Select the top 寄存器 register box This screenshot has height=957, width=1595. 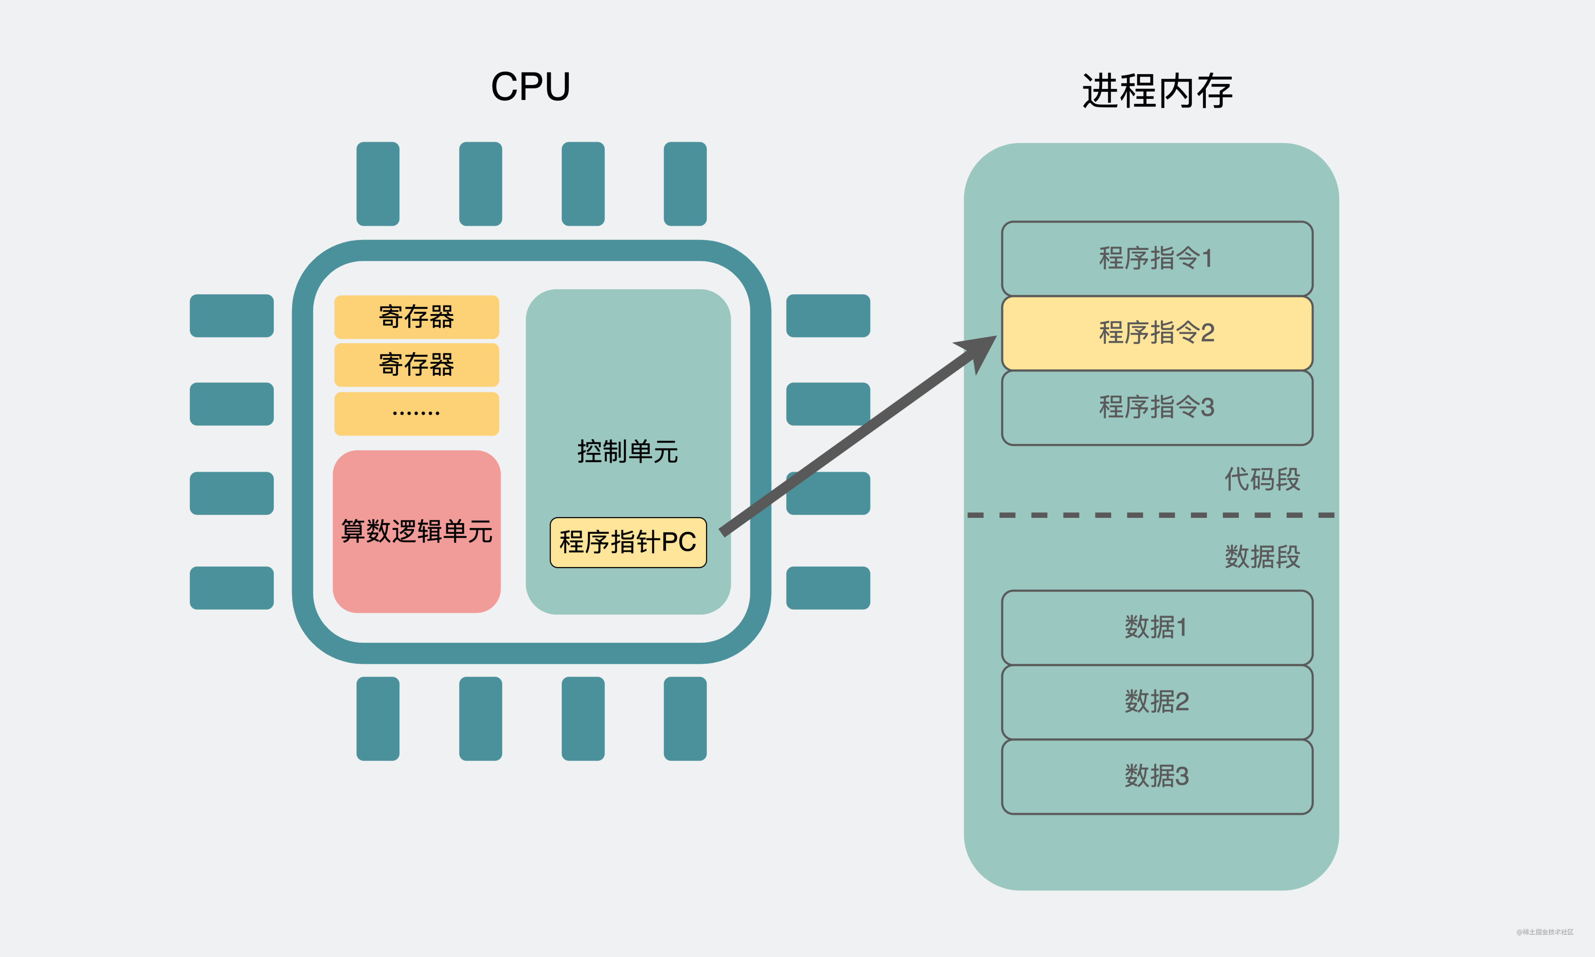(416, 317)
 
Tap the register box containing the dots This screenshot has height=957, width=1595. (416, 413)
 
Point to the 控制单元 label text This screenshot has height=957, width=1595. (627, 451)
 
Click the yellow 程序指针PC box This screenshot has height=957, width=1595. (628, 542)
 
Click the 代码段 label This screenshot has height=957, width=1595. (1261, 479)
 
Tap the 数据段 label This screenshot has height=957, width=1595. (1261, 556)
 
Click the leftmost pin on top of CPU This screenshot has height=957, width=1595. (378, 184)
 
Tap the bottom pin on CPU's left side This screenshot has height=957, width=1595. (232, 588)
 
